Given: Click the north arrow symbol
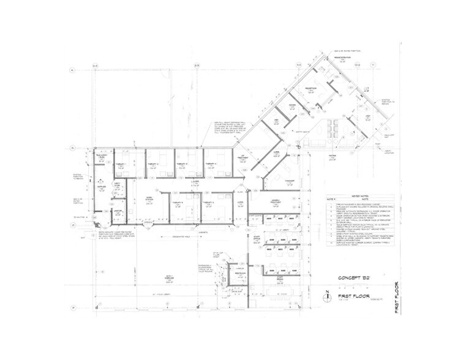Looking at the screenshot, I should coord(328,293).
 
